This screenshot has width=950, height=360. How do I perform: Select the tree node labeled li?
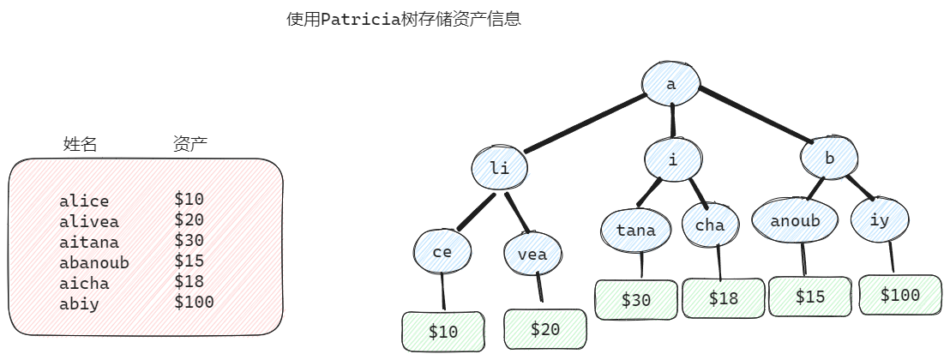[499, 168]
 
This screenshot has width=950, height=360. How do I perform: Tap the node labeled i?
[673, 159]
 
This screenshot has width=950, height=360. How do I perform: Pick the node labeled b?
[829, 159]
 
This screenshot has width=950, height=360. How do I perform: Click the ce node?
[442, 251]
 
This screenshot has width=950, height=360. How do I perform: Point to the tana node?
[635, 230]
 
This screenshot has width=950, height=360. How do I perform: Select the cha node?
[710, 225]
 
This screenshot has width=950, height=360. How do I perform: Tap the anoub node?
[795, 221]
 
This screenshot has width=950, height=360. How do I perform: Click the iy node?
[880, 220]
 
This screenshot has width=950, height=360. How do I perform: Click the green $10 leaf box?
[443, 332]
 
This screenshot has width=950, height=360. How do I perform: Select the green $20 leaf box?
[545, 329]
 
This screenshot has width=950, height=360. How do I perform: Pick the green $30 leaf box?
[636, 299]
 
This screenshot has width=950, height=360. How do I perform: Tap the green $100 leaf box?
[899, 295]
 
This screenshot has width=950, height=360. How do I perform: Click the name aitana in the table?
[89, 242]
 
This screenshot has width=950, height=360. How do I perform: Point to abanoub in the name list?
[94, 262]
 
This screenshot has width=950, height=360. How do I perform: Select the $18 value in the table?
[189, 282]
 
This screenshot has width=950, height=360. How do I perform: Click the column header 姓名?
[80, 144]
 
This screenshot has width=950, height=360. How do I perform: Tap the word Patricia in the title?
[362, 19]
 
